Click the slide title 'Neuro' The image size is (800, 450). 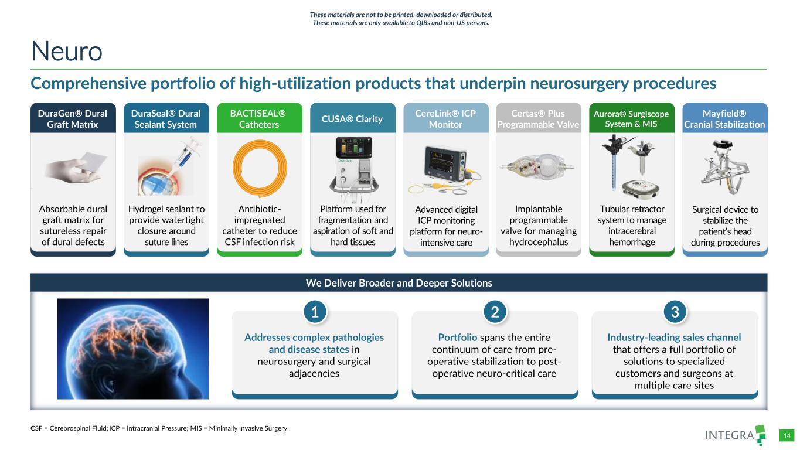click(x=67, y=51)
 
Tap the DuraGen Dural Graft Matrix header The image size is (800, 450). click(x=73, y=118)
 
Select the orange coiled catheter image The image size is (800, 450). click(x=260, y=168)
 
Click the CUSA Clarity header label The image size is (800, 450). click(x=352, y=118)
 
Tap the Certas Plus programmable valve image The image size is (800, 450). click(x=537, y=166)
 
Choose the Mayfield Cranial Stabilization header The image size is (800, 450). click(x=724, y=118)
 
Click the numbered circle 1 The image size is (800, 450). click(x=315, y=312)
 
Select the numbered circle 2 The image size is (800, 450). click(x=495, y=312)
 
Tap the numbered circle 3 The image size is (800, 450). click(x=675, y=312)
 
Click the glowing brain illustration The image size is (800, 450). click(x=133, y=349)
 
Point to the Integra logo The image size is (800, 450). click(x=736, y=435)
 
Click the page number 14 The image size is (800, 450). click(x=787, y=435)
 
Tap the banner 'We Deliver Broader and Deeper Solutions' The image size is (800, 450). click(x=399, y=282)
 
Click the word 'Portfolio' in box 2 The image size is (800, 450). click(x=458, y=337)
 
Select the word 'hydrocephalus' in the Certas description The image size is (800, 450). click(x=539, y=242)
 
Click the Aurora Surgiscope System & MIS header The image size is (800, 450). click(x=631, y=118)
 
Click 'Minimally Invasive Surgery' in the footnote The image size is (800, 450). click(x=248, y=428)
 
